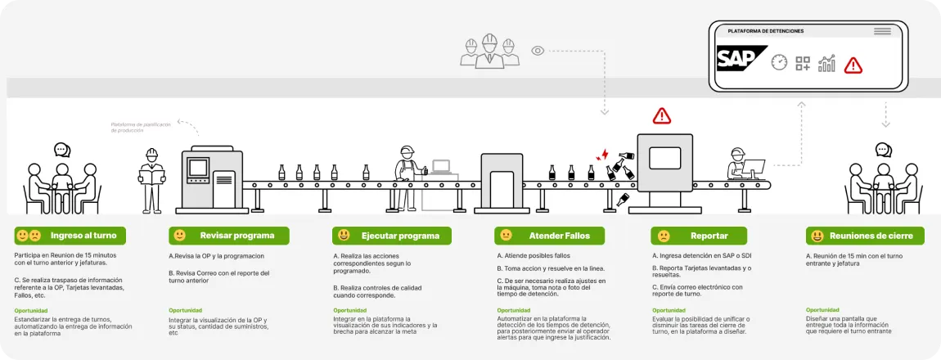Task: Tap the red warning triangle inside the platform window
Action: [x=853, y=65]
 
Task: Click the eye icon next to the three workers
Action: [x=538, y=51]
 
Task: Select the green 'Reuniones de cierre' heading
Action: [x=865, y=236]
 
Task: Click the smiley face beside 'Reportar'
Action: [x=664, y=236]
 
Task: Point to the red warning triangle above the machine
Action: [x=661, y=115]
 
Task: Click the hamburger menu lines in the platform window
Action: [x=882, y=31]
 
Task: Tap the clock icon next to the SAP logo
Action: [x=778, y=63]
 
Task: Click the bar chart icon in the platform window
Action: [x=826, y=64]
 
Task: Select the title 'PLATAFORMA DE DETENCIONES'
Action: [x=765, y=31]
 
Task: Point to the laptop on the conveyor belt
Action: [x=442, y=168]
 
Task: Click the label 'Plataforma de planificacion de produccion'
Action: [x=141, y=127]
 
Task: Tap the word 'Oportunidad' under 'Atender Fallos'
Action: [x=514, y=310]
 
